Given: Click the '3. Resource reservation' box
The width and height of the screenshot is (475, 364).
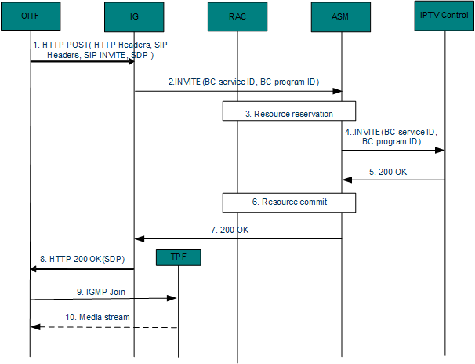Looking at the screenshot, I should (x=289, y=112).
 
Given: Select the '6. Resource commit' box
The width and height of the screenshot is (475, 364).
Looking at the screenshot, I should (x=289, y=202).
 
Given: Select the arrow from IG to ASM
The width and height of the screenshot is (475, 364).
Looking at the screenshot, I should (x=237, y=91).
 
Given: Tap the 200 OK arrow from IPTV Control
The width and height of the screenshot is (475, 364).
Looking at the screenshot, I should (x=393, y=180).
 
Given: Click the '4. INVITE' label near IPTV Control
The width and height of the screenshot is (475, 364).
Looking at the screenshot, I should (x=390, y=136).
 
